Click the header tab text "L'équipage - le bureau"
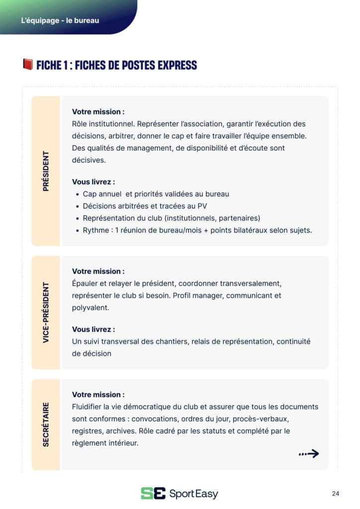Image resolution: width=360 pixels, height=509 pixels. tap(60, 20)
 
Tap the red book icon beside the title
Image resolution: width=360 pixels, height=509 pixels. tap(27, 65)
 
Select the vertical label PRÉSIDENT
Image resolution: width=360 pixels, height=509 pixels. tap(46, 171)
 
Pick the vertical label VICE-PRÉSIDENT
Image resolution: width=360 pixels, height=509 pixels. tap(46, 313)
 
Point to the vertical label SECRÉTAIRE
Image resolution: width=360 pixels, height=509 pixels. tap(46, 424)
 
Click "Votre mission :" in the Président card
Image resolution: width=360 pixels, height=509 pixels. tap(98, 112)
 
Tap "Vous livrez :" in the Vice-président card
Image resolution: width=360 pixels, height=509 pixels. tap(93, 329)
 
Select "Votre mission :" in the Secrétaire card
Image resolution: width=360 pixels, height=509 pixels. tap(98, 395)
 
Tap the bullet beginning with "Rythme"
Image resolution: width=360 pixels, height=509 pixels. tap(197, 230)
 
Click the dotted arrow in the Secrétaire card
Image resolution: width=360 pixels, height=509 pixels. tap(308, 453)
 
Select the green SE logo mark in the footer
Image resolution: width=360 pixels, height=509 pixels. tap(153, 493)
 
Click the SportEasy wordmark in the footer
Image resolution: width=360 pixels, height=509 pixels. tap(193, 494)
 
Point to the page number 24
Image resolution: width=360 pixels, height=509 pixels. tap(335, 494)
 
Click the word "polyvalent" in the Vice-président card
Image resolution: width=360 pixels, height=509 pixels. tap(90, 308)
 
